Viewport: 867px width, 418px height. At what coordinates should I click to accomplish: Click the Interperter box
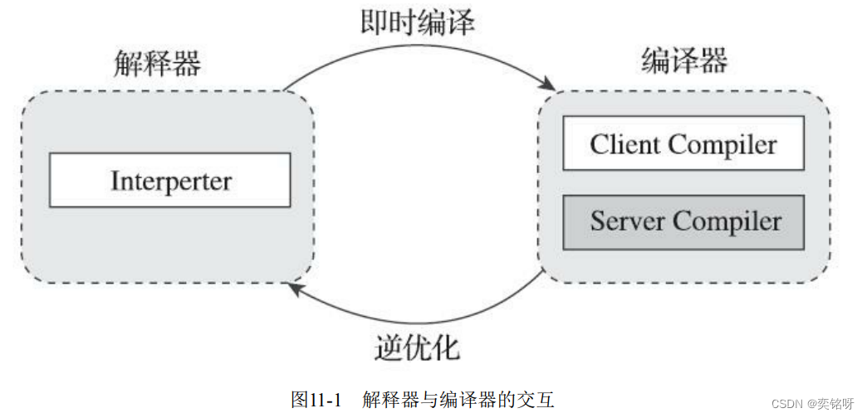pos(170,179)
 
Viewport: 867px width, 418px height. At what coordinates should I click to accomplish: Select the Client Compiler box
pos(683,143)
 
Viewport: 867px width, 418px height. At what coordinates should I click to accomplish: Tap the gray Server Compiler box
pos(683,221)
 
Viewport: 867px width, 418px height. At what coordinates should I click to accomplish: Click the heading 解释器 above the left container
pos(158,64)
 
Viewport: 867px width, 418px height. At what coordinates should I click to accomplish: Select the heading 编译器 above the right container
pos(685,61)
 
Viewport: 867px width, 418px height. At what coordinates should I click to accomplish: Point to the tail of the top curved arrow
pos(285,89)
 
